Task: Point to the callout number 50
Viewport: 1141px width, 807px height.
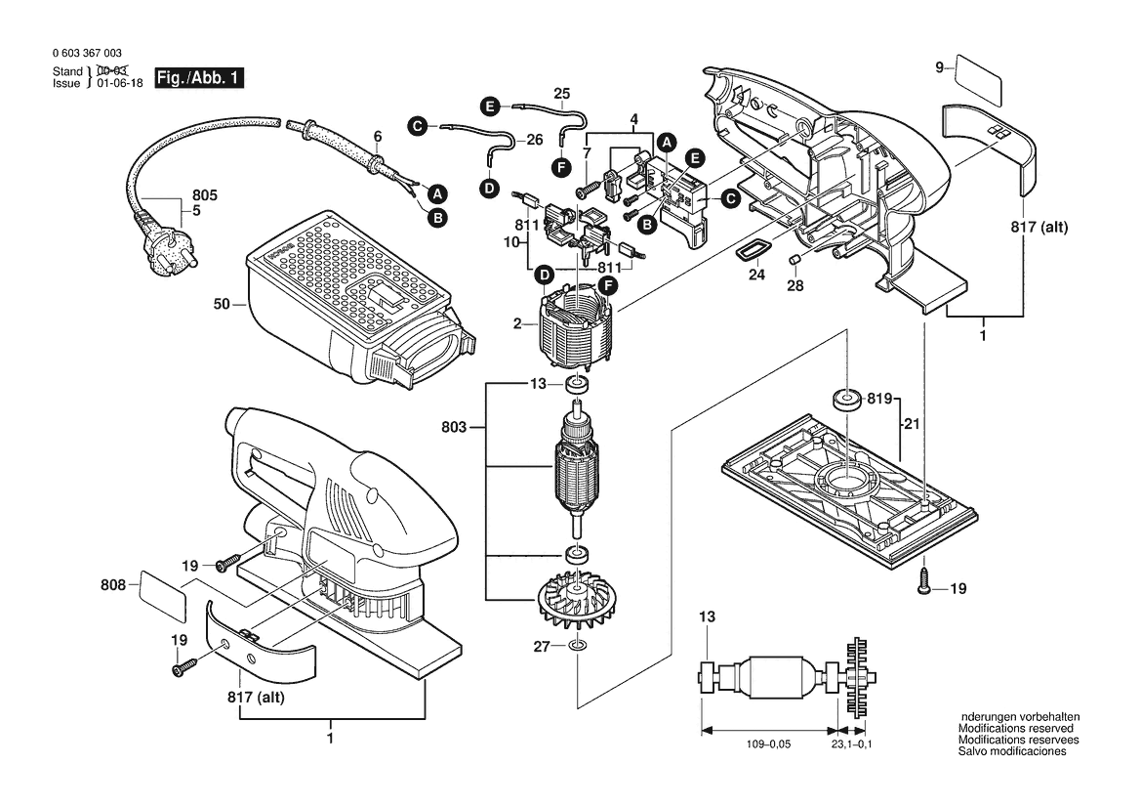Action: (x=223, y=306)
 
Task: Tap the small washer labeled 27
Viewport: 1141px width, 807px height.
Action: (x=578, y=646)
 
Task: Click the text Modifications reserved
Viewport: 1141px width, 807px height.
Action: (x=1016, y=729)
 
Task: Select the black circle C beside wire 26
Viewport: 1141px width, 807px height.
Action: (x=417, y=125)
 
